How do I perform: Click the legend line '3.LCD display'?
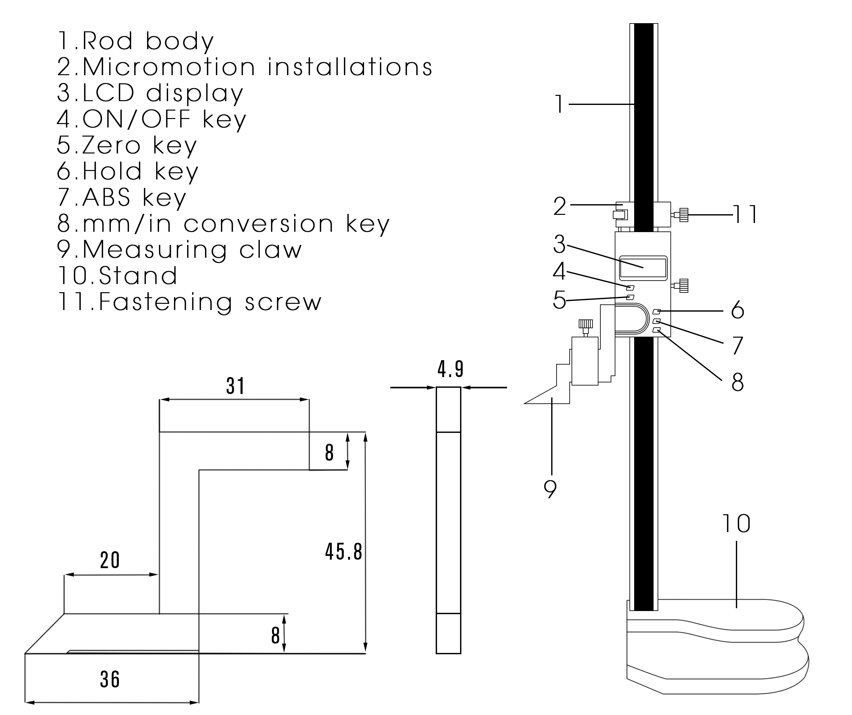(150, 93)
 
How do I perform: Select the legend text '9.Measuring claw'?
(180, 250)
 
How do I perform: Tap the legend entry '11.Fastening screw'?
(189, 303)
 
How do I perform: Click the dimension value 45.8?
(343, 552)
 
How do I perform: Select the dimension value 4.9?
(450, 369)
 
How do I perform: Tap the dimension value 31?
(235, 386)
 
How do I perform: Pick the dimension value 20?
(110, 561)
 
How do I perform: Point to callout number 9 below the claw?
(550, 489)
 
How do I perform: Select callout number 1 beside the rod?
(559, 104)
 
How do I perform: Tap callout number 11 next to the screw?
(745, 215)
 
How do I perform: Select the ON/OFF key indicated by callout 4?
(630, 288)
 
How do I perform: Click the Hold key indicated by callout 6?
(657, 311)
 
